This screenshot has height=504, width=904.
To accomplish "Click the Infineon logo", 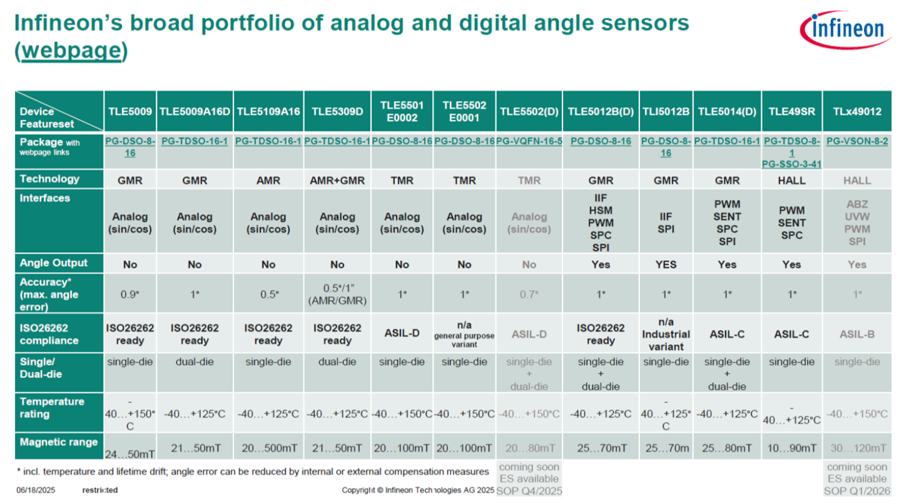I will tap(845, 29).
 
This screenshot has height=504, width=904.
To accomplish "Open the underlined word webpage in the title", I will tap(70, 51).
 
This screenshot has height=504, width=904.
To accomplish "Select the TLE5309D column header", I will tap(337, 111).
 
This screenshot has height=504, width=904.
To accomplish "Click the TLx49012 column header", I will tap(856, 111).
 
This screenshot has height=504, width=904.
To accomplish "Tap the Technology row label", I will tap(49, 179).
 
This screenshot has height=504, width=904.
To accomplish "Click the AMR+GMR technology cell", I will tap(337, 181).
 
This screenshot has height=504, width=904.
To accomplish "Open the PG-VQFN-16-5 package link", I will tap(529, 141).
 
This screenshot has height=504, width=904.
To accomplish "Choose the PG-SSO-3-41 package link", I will tap(791, 164).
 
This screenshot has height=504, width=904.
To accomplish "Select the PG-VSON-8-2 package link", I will tap(856, 141).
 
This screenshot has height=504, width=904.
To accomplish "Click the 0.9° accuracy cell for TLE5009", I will tap(130, 294).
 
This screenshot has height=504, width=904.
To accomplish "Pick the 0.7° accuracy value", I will tap(529, 294).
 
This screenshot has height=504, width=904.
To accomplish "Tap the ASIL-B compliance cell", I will tap(856, 335).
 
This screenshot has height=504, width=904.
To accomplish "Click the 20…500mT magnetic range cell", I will tap(268, 448).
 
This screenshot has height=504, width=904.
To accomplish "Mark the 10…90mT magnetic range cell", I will tap(791, 448).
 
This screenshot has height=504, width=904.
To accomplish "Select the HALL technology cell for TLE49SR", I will tap(791, 181).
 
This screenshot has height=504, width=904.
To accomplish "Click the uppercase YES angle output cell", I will tap(666, 265).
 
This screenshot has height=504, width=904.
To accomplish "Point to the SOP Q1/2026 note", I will tap(856, 491).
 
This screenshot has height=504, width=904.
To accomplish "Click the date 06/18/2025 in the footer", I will tap(36, 490).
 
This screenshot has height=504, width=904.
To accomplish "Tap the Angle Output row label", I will tap(54, 263).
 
